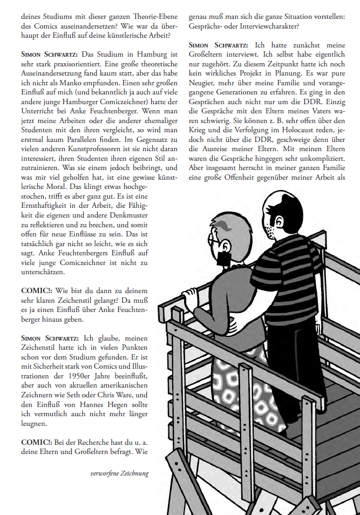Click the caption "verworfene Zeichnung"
coord(119,473)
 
